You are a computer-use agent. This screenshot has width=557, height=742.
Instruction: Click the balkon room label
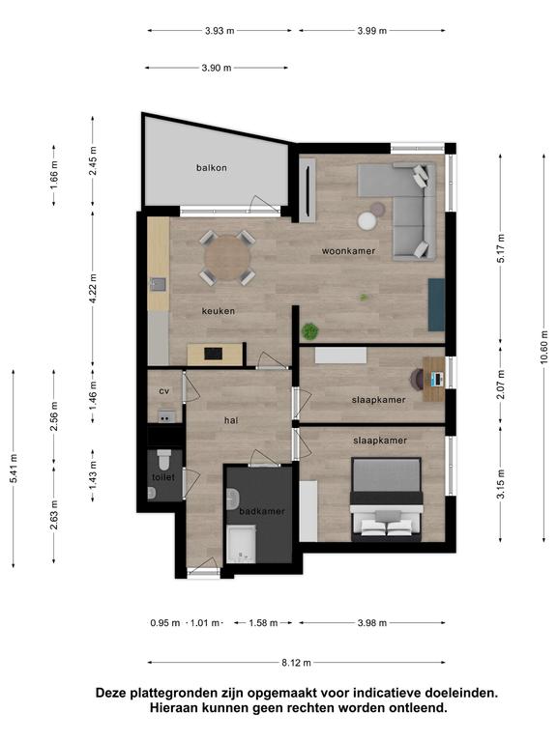point(211,167)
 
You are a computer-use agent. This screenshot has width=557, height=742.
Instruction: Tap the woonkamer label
point(348,251)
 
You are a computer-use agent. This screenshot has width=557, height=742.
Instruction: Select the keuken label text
point(218,311)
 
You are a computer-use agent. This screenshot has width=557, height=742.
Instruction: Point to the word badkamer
point(262,511)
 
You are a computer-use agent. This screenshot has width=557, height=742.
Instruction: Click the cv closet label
point(163,391)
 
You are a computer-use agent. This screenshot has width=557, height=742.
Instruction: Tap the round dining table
point(227,258)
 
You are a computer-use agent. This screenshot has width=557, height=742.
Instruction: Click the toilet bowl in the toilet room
point(163,459)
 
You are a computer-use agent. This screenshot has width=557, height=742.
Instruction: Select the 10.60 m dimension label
point(543,347)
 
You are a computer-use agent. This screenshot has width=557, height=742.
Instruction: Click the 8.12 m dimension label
point(297,663)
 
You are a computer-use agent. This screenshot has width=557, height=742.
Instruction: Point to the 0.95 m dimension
point(165,623)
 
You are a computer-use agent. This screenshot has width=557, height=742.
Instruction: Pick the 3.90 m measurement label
point(217,68)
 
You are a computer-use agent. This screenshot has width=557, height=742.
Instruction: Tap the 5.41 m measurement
point(14,469)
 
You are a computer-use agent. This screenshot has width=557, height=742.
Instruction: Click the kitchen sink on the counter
point(158,284)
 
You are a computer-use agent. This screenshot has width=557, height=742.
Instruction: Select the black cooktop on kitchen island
point(213,353)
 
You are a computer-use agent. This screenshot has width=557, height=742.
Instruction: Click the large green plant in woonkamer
point(309,330)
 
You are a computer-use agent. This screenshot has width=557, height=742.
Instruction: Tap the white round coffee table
point(367,221)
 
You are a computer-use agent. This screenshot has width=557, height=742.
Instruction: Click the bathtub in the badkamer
point(241,544)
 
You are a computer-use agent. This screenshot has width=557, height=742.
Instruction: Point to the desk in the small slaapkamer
point(433,379)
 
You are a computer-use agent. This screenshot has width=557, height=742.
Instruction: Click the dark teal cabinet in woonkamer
point(436,304)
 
